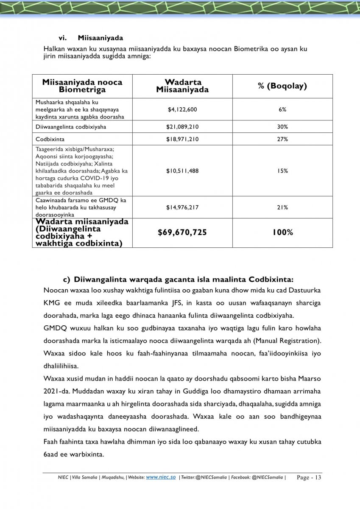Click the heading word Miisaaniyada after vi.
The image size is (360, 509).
[x=100, y=39]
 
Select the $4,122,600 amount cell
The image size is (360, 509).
[x=182, y=109]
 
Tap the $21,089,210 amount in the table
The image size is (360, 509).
[x=182, y=127]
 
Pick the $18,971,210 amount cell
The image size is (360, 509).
[x=182, y=139]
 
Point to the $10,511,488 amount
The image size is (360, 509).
[x=182, y=171]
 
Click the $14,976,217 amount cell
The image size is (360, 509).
[x=182, y=207]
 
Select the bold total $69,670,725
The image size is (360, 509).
[x=182, y=232]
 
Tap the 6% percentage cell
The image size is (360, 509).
[x=282, y=109]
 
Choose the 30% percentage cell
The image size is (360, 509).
[x=282, y=127]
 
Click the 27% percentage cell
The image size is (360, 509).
[x=282, y=139]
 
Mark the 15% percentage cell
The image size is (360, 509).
[x=282, y=171]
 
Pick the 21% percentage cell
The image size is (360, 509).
[x=282, y=207]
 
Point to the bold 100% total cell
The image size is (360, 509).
[x=282, y=232]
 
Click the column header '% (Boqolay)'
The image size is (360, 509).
[x=282, y=86]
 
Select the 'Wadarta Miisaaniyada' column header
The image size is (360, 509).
[x=182, y=86]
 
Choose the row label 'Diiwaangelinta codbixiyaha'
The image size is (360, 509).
[x=71, y=127]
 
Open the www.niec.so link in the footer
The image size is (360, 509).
[x=161, y=477]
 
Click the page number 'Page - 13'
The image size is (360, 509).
[x=309, y=478]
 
